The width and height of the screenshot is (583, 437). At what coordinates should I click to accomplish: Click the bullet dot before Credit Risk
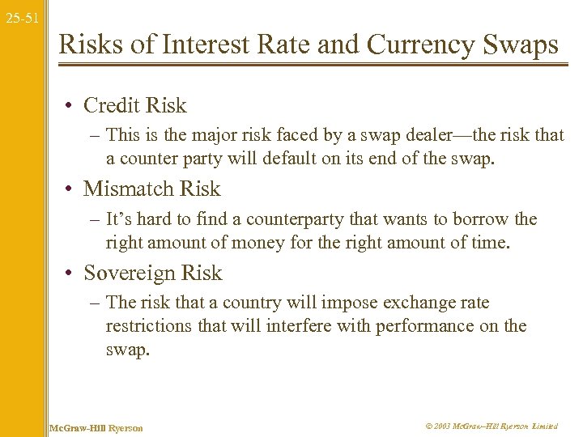click(72, 106)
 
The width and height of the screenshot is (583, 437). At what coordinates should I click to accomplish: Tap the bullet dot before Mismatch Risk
click(72, 189)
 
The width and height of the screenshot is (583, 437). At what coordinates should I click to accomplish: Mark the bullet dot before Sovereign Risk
click(72, 274)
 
